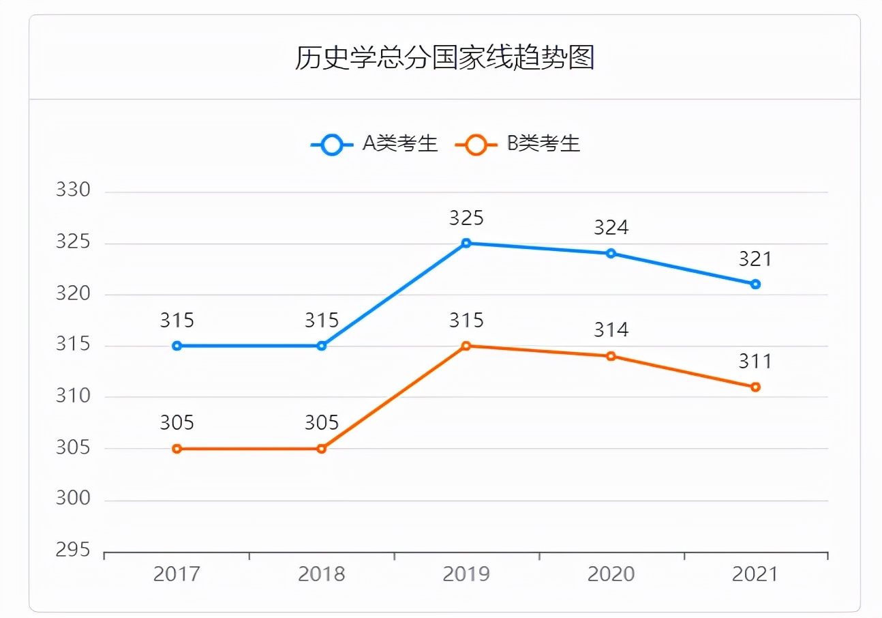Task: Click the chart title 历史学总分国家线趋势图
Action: [x=444, y=58]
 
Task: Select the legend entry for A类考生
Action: [x=374, y=145]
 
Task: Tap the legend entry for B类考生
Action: [x=517, y=145]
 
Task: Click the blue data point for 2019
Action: [x=466, y=243]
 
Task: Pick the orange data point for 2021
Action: [x=755, y=387]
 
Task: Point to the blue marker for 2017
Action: [x=177, y=346]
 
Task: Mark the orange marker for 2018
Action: [x=322, y=449]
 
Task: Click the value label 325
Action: [x=466, y=218]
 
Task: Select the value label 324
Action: [x=611, y=228]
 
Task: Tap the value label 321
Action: [x=755, y=259]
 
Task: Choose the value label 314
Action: [x=611, y=330]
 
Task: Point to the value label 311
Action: [x=755, y=362]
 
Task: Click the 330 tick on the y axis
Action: [x=73, y=190]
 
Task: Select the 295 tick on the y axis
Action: [x=73, y=550]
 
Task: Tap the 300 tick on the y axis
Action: [x=73, y=499]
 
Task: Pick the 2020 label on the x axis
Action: [x=611, y=574]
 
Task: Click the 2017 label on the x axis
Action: [x=177, y=574]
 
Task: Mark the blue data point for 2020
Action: [x=611, y=253]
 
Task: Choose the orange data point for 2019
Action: [x=466, y=346]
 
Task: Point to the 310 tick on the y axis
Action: [x=73, y=396]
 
